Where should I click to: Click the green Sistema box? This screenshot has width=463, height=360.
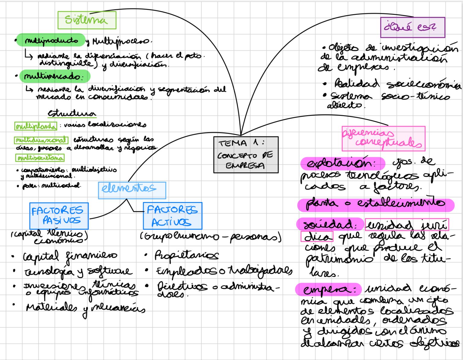pos(87,20)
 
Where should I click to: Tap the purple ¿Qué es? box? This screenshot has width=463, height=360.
pos(412,27)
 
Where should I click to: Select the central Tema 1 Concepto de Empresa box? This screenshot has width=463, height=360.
pos(246,155)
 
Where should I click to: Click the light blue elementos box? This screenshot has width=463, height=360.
pos(132,190)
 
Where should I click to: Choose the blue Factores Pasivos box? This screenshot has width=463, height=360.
pos(59,216)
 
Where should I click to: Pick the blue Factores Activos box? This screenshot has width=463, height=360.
pos(172,216)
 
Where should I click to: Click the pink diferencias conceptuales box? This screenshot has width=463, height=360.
pos(383,139)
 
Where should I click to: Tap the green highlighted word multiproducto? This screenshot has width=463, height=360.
pos(51,40)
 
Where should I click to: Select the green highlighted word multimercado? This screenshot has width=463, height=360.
pos(55,76)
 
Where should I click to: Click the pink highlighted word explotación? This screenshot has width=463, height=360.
pos(342,163)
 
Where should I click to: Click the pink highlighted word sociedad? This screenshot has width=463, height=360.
pos(329,224)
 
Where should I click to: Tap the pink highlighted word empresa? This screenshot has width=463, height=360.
pos(328,289)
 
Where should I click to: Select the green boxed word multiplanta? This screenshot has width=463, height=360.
pos(36,126)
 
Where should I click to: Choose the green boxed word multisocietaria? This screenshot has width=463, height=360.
pos(40,158)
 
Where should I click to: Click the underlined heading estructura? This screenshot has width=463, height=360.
pos(72,114)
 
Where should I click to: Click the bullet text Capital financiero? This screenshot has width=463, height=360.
pos(70,257)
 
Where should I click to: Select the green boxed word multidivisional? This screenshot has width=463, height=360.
pos(41,140)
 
